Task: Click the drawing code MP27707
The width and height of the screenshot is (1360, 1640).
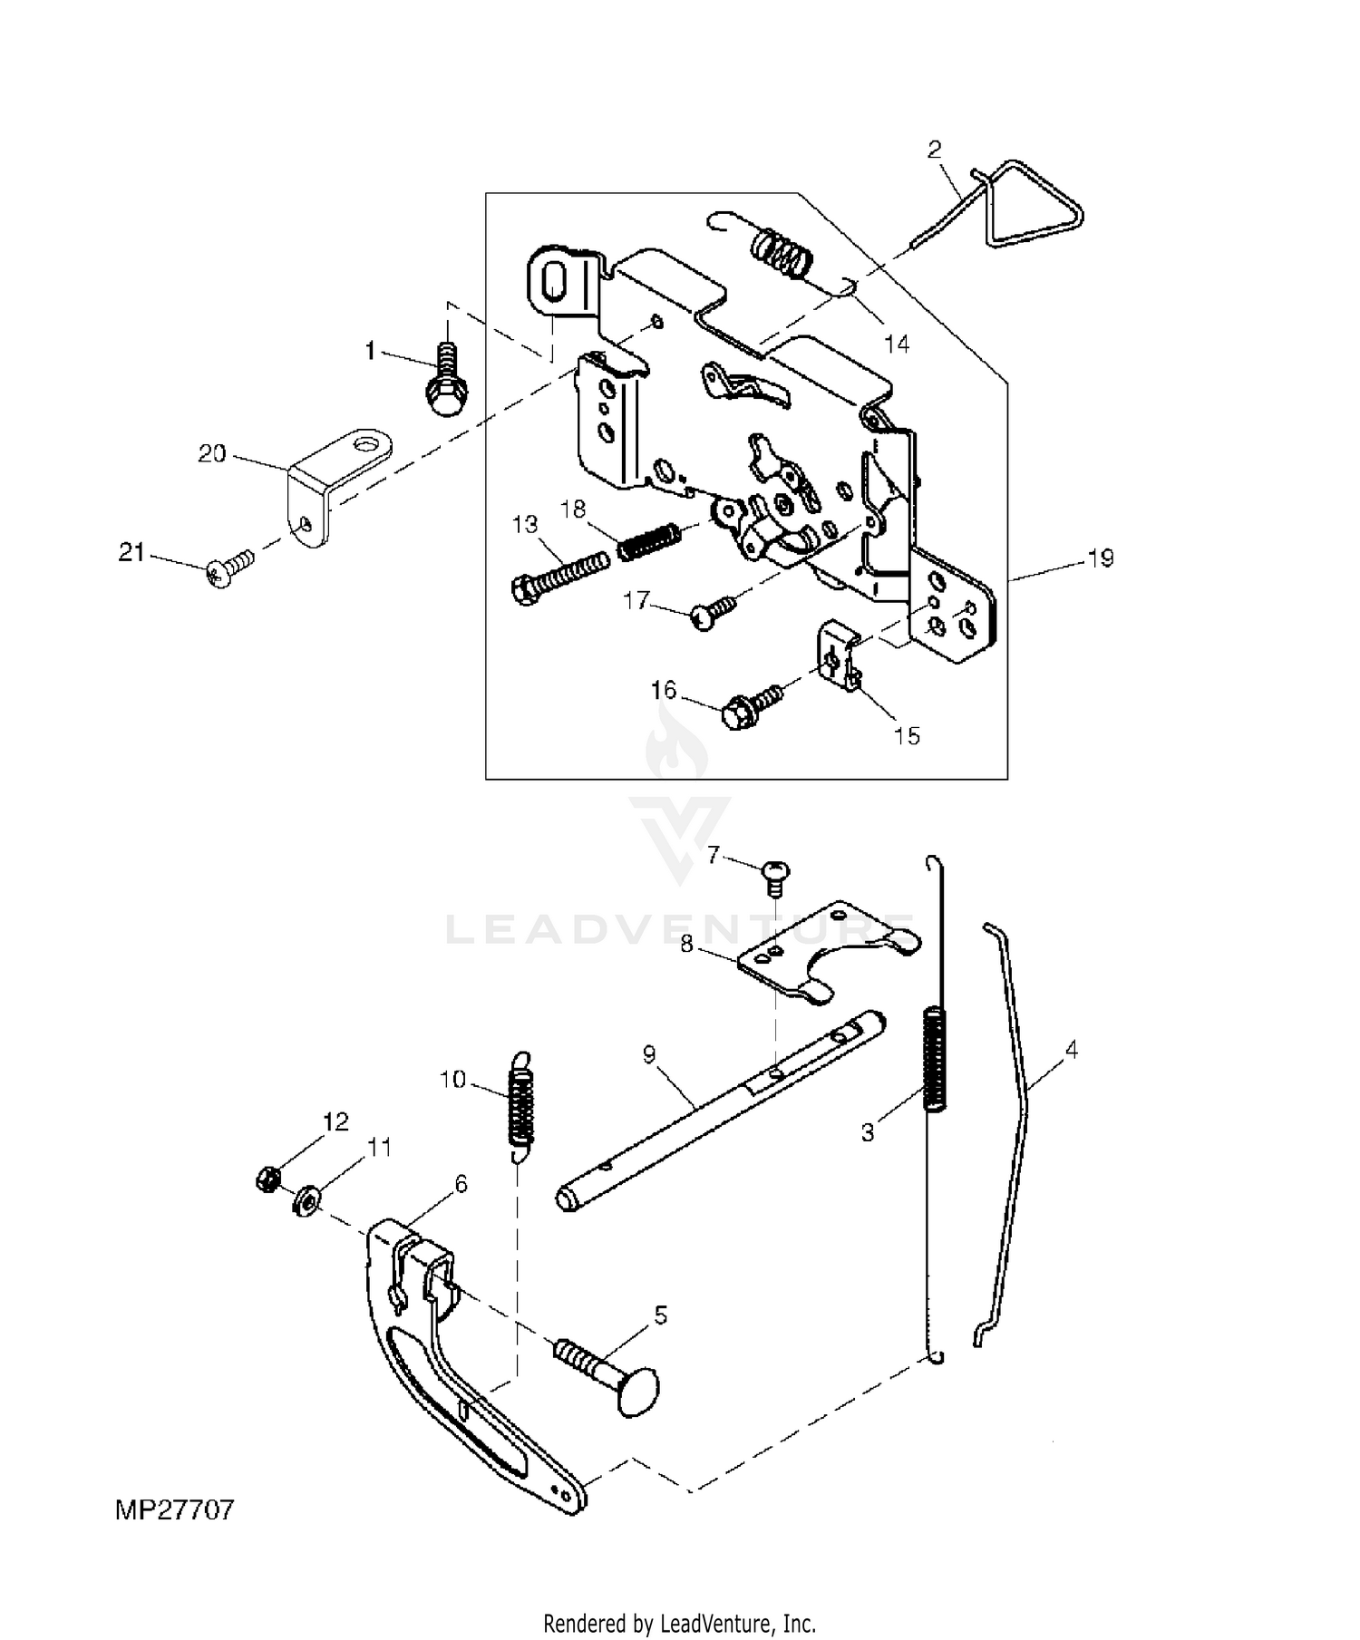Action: [175, 1509]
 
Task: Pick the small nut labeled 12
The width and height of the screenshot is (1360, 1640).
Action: [267, 1179]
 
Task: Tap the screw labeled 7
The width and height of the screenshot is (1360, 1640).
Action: [776, 875]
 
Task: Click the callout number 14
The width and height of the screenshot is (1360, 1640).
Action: [896, 344]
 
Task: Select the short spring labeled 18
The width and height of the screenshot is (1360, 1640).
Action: [647, 541]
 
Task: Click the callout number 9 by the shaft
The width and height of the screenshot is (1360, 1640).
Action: [648, 1054]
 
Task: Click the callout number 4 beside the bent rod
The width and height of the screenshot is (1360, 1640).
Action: [1071, 1051]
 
